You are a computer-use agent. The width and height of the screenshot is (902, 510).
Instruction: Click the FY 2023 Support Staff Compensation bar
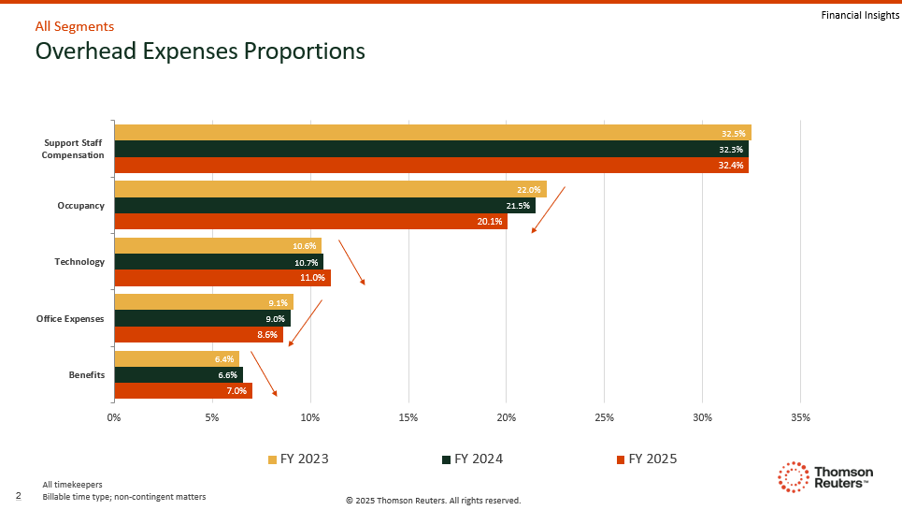(433, 132)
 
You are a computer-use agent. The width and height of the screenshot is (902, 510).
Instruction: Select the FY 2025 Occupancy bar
(310, 222)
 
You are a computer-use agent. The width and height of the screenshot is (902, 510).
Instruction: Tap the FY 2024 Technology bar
(219, 262)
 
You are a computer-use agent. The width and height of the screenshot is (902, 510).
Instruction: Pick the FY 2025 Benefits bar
(183, 391)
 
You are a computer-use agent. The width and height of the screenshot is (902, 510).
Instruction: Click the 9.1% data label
(278, 303)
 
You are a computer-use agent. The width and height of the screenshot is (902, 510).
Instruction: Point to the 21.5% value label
(518, 206)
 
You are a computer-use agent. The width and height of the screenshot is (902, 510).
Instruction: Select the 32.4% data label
(731, 166)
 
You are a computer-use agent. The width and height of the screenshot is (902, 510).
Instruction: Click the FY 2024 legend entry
(472, 459)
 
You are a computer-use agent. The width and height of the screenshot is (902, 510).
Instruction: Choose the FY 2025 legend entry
(647, 459)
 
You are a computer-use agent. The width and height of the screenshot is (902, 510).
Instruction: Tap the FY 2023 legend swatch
(273, 459)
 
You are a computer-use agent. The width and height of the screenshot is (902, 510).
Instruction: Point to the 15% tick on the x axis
(408, 417)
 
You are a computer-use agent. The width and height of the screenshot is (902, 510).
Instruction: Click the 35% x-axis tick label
(800, 417)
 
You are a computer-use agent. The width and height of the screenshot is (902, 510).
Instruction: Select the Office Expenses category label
(70, 318)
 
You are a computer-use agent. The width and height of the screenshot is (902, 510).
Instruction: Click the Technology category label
(79, 261)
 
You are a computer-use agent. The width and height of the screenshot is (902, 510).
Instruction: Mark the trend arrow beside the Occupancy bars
(549, 210)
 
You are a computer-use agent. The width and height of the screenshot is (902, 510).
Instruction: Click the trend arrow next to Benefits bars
(264, 373)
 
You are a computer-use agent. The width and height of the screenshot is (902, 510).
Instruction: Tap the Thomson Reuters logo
(825, 477)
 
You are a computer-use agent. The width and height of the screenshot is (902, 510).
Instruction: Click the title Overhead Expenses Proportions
(200, 51)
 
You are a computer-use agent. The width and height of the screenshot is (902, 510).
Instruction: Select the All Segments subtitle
(75, 26)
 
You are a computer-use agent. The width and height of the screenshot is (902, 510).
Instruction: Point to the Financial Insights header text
(860, 16)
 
